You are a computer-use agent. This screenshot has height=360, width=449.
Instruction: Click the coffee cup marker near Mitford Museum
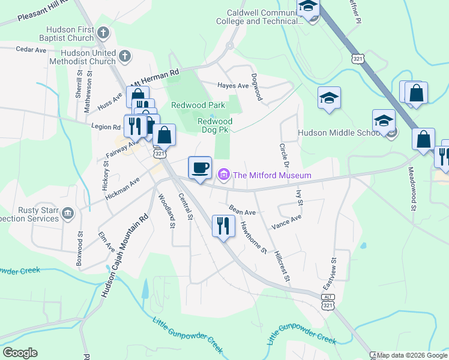(200, 167)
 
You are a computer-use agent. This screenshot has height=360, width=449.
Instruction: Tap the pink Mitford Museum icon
(224, 175)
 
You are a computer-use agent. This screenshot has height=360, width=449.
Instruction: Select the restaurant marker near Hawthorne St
(223, 226)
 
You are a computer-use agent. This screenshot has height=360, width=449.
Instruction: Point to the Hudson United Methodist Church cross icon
(124, 56)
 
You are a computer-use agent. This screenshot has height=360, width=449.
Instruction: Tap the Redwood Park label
(197, 105)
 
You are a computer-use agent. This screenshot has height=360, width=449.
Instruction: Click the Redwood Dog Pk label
(215, 126)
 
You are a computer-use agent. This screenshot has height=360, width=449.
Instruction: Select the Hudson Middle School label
(340, 133)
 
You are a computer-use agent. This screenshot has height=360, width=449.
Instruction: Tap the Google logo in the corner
(20, 353)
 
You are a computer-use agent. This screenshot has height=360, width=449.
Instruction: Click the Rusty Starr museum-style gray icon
(67, 213)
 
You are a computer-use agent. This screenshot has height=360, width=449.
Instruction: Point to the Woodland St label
(166, 211)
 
